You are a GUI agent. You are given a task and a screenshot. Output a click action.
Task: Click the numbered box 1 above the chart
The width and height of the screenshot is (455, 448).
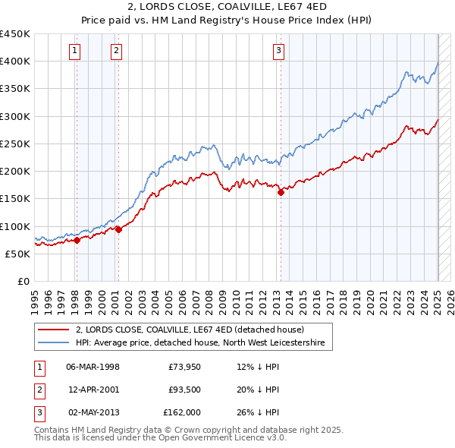(76, 51)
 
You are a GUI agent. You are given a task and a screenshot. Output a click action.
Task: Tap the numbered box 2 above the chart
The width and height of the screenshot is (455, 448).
(117, 51)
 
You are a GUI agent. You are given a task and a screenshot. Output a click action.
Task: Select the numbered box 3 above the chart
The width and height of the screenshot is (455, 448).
(279, 51)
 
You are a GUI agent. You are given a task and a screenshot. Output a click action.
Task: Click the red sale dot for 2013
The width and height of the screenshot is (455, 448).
(281, 192)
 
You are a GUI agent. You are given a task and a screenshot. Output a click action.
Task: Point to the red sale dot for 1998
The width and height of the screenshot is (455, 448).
(77, 241)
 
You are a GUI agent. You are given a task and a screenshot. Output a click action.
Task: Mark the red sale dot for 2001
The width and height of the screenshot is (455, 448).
(118, 230)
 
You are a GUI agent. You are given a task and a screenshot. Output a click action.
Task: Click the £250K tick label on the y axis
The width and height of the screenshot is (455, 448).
(15, 144)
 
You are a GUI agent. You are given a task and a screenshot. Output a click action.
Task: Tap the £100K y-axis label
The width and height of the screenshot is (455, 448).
(15, 226)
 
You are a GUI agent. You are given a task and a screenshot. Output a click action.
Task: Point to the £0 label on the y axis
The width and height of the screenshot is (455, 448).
(23, 281)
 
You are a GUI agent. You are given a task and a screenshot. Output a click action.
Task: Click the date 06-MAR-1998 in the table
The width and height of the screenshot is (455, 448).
(93, 367)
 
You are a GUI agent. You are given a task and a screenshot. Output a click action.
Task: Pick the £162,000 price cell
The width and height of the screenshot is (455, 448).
(182, 412)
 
